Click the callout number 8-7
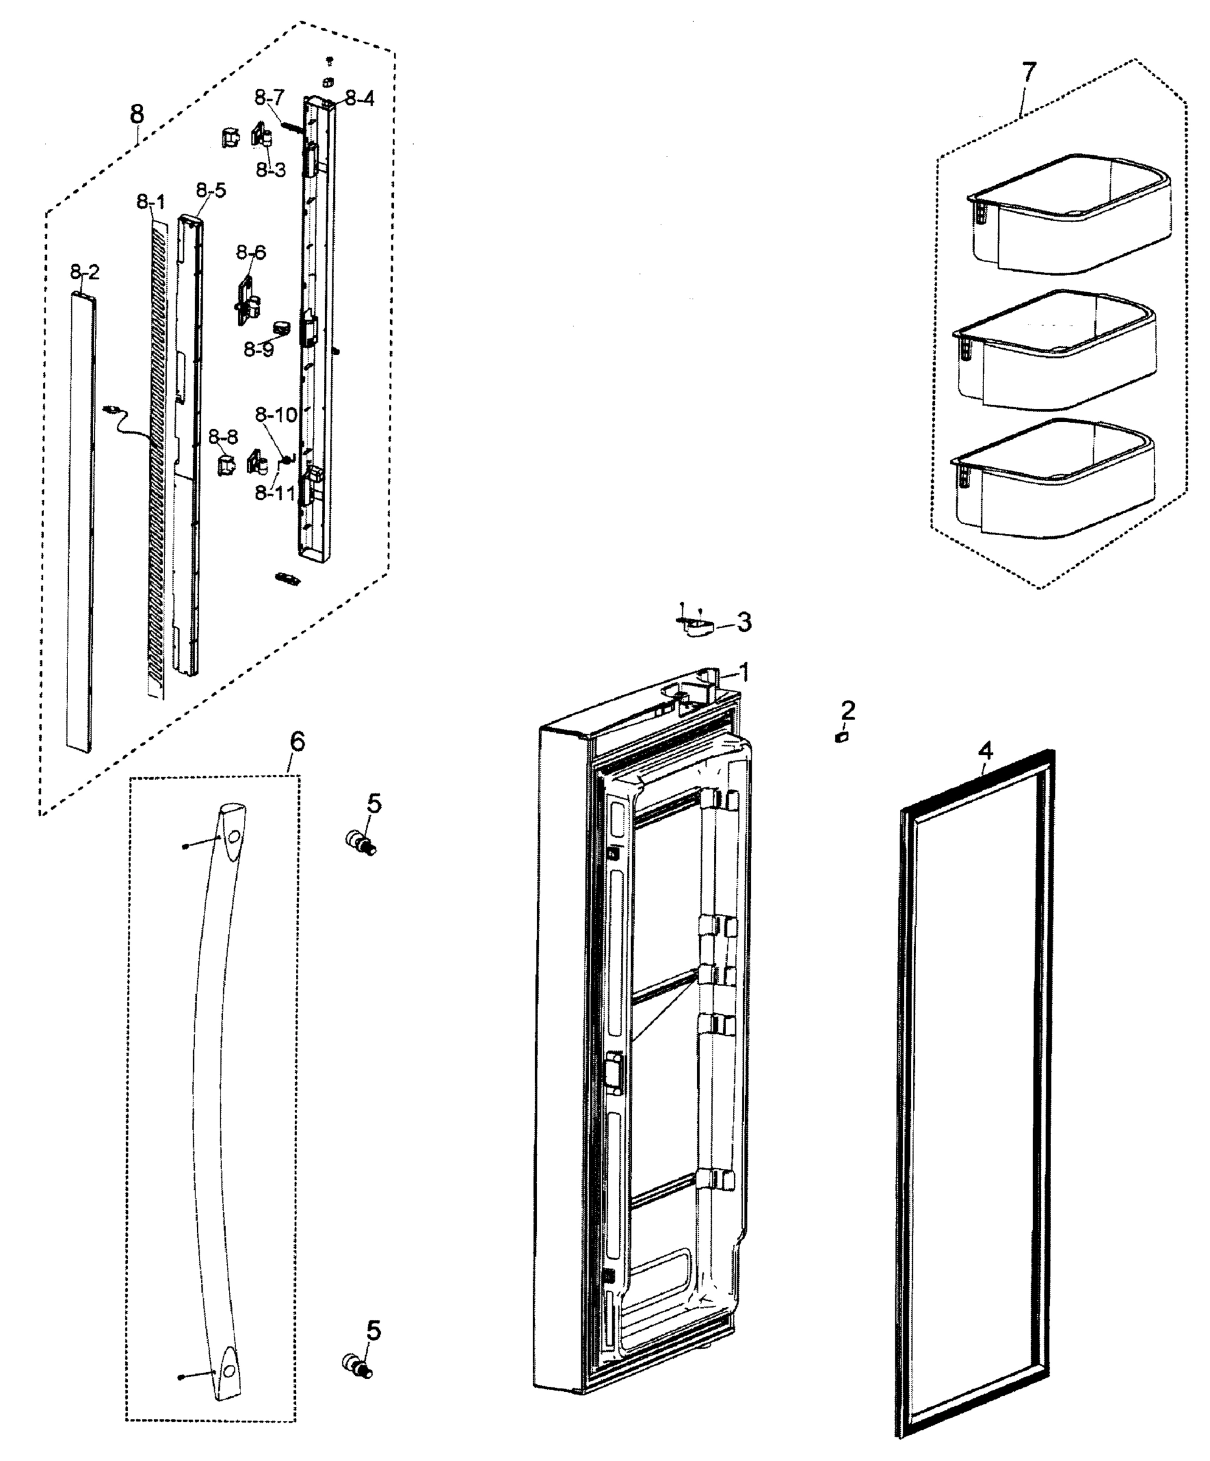point(269,97)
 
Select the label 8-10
point(276,415)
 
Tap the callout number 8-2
point(85,272)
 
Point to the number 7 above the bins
point(1029,72)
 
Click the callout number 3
point(744,622)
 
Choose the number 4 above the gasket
point(985,751)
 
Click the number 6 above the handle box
point(297,742)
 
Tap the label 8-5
point(211,190)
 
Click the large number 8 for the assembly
point(138,113)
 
